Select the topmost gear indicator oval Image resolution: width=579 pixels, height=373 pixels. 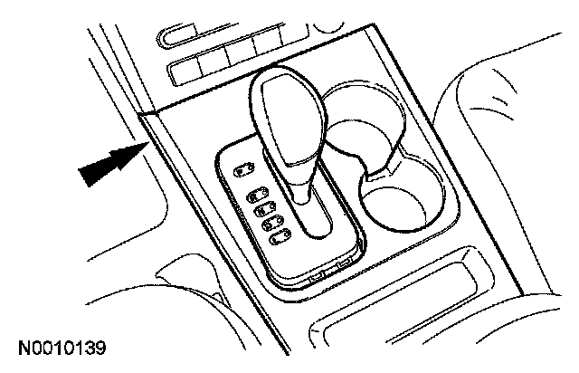point(243,168)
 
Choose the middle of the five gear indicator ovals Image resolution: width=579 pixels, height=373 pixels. point(263,205)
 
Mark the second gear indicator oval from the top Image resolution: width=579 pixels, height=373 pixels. point(255,192)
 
